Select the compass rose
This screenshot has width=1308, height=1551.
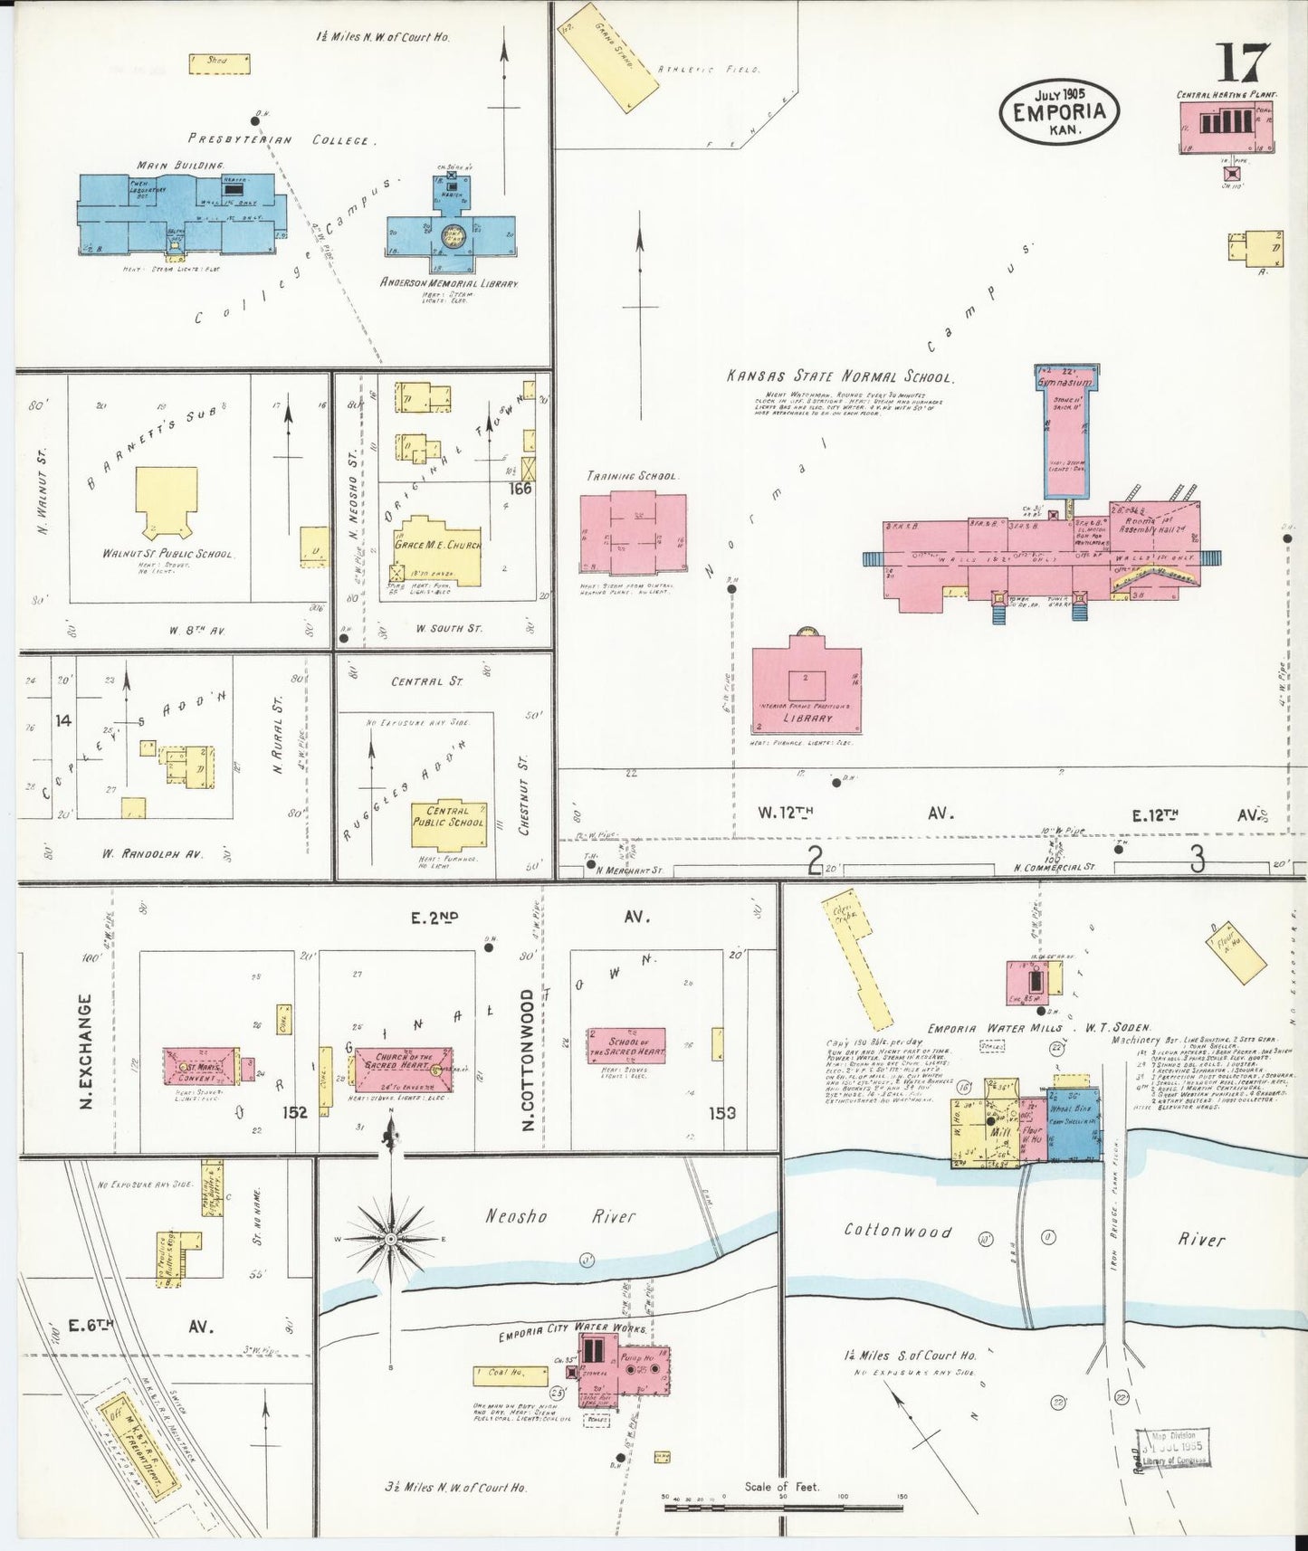click(390, 1237)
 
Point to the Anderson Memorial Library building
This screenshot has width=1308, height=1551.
click(451, 232)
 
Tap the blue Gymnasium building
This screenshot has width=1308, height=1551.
click(1066, 425)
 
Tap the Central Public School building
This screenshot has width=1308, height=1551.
click(448, 823)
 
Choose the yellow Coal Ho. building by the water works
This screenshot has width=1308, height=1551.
click(510, 1375)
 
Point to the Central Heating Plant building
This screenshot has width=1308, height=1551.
click(1225, 126)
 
